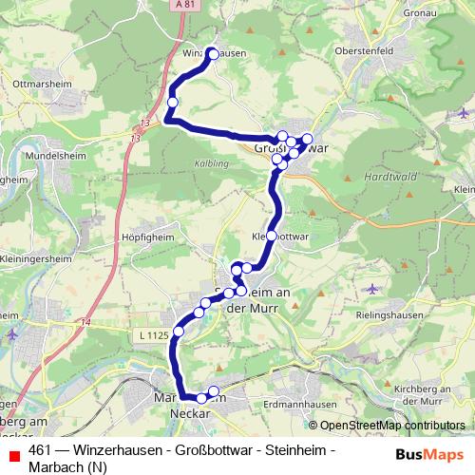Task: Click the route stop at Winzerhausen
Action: click(x=211, y=53)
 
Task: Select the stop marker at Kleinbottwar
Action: click(x=273, y=235)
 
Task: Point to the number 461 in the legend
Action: click(x=40, y=450)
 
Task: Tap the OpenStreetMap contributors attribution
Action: click(x=391, y=427)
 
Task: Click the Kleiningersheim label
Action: click(x=35, y=257)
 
